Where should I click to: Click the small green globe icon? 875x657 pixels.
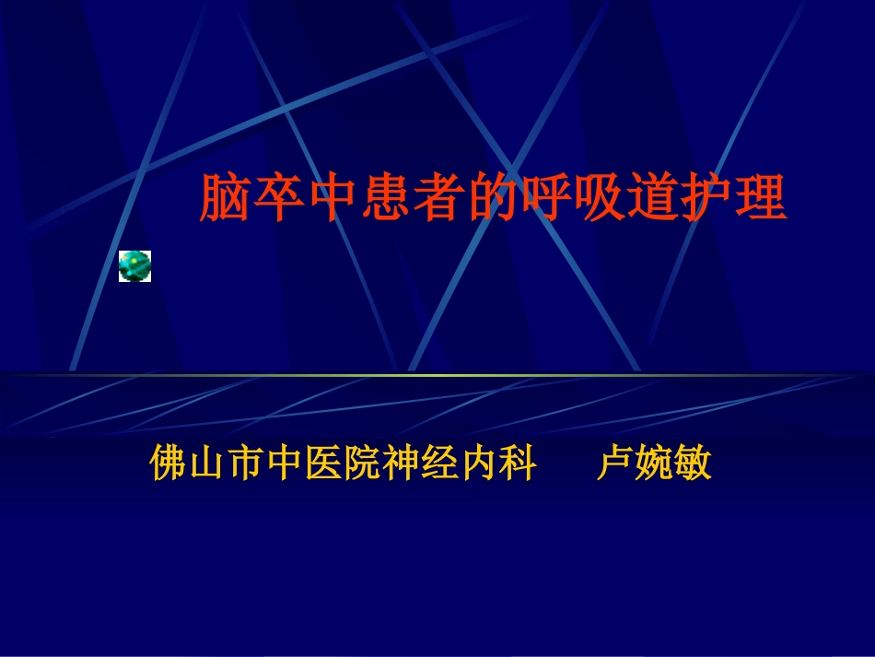pyautogui.click(x=134, y=265)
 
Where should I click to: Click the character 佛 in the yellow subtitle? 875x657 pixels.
pyautogui.click(x=169, y=464)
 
